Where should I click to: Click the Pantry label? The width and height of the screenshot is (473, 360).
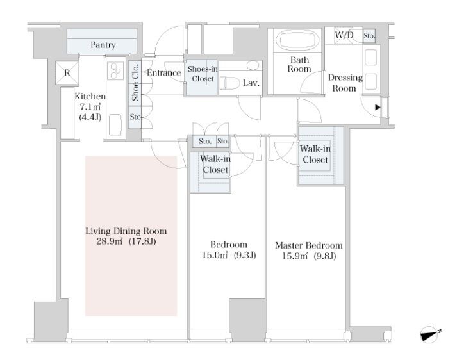(x=103, y=45)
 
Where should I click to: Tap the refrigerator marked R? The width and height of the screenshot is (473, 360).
(x=67, y=72)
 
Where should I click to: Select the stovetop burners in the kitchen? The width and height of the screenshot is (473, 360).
(x=116, y=71)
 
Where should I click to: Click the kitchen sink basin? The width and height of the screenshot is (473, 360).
(x=115, y=125)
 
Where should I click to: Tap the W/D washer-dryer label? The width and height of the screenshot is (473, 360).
(x=344, y=35)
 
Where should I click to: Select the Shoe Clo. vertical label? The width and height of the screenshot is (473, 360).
(x=135, y=82)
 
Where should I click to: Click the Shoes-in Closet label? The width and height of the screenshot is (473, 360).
(x=203, y=74)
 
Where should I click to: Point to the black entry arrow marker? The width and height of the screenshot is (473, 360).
(x=378, y=107)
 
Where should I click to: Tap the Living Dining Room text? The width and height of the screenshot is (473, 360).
(x=126, y=231)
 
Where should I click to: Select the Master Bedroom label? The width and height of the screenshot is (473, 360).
(x=309, y=245)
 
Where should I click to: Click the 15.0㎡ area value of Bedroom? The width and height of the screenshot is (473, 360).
(x=215, y=256)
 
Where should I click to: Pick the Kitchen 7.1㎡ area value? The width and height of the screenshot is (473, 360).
(x=90, y=107)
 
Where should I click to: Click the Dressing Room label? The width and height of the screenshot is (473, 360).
(x=345, y=83)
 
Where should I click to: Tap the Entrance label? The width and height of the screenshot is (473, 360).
(x=164, y=72)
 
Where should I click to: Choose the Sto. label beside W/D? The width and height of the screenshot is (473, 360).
(x=369, y=36)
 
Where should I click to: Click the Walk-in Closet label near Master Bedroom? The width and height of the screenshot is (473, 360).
(x=315, y=154)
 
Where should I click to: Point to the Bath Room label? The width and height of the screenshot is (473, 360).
(x=299, y=64)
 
